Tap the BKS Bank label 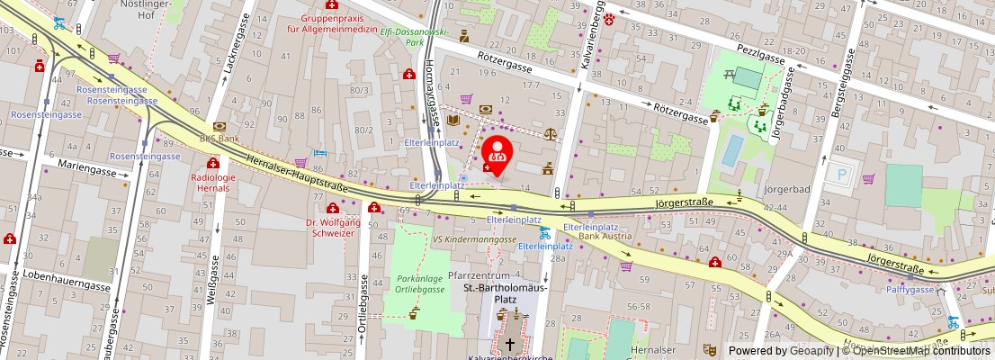pos(220,139)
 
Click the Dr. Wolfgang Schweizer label pos(332,227)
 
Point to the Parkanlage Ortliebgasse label pos(420,283)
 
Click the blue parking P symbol pos(842,175)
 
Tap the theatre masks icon pos(708,346)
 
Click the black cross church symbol pos(510,344)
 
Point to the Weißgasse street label pos(214,279)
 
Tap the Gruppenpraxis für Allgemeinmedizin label pos(331,23)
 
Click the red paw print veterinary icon pos(610,16)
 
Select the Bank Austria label pos(605,236)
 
